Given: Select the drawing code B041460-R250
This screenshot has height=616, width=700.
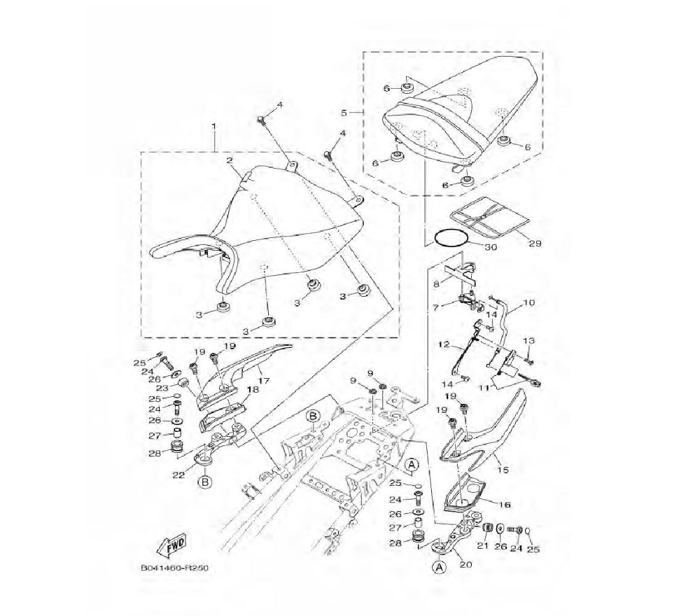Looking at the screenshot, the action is coord(175,568).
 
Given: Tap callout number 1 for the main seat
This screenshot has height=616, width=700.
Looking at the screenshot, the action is coord(213,127).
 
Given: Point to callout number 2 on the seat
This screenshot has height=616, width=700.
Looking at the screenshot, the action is coord(229,160).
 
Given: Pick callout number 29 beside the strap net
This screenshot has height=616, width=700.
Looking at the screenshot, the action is coord(535,244).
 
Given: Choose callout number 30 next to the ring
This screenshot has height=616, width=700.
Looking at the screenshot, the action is coord(490,247).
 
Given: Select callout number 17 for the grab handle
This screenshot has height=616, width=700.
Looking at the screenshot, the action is coord(263,381).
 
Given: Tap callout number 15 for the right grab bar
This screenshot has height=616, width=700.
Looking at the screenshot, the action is coord(503,470).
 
